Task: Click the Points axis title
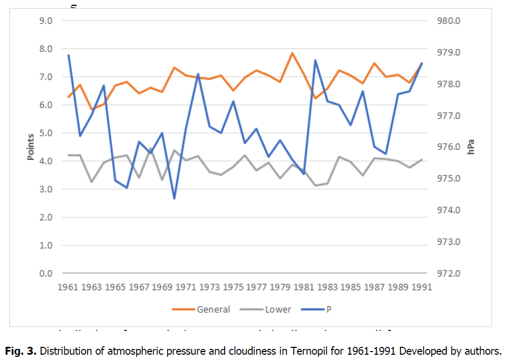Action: [x=31, y=147]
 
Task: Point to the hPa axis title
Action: [x=471, y=147]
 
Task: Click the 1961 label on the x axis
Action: [x=68, y=287]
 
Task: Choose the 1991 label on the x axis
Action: [x=422, y=287]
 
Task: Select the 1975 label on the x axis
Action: [x=233, y=287]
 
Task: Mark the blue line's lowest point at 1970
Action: [x=174, y=198]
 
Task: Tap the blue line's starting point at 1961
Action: [x=69, y=55]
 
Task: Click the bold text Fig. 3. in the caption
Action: [x=20, y=350]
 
